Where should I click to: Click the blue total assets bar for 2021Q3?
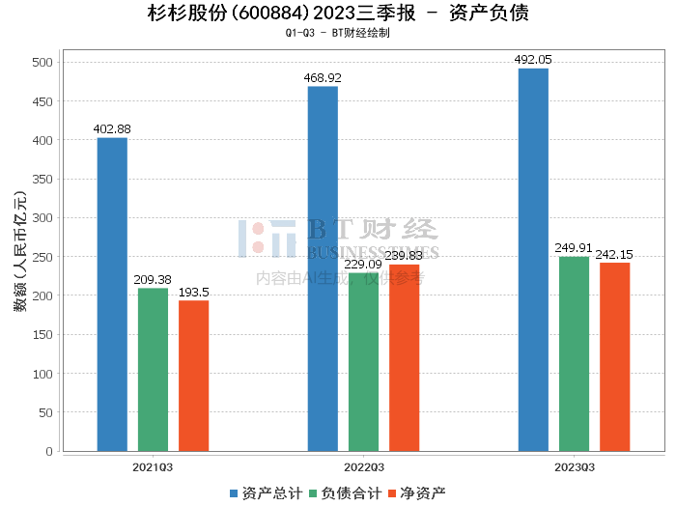pyautogui.click(x=112, y=295)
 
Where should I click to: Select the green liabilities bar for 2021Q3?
pyautogui.click(x=153, y=370)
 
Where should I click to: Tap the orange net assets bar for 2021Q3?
pyautogui.click(x=193, y=376)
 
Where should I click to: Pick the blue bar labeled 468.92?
pyautogui.click(x=323, y=268)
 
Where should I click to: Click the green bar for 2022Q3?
pyautogui.click(x=363, y=362)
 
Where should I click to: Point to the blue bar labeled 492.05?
pyautogui.click(x=533, y=260)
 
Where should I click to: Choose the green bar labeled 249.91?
pyautogui.click(x=574, y=353)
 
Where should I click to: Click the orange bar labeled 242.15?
pyautogui.click(x=614, y=356)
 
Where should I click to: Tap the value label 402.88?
pyautogui.click(x=112, y=129)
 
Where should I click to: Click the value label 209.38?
pyautogui.click(x=153, y=280)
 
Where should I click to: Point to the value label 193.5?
pyautogui.click(x=193, y=293)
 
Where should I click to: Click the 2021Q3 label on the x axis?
pyautogui.click(x=153, y=466)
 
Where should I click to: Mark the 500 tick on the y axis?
pyautogui.click(x=43, y=63)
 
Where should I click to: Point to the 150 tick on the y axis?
pyautogui.click(x=43, y=334)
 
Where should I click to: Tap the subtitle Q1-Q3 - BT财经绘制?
pyautogui.click(x=337, y=33)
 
